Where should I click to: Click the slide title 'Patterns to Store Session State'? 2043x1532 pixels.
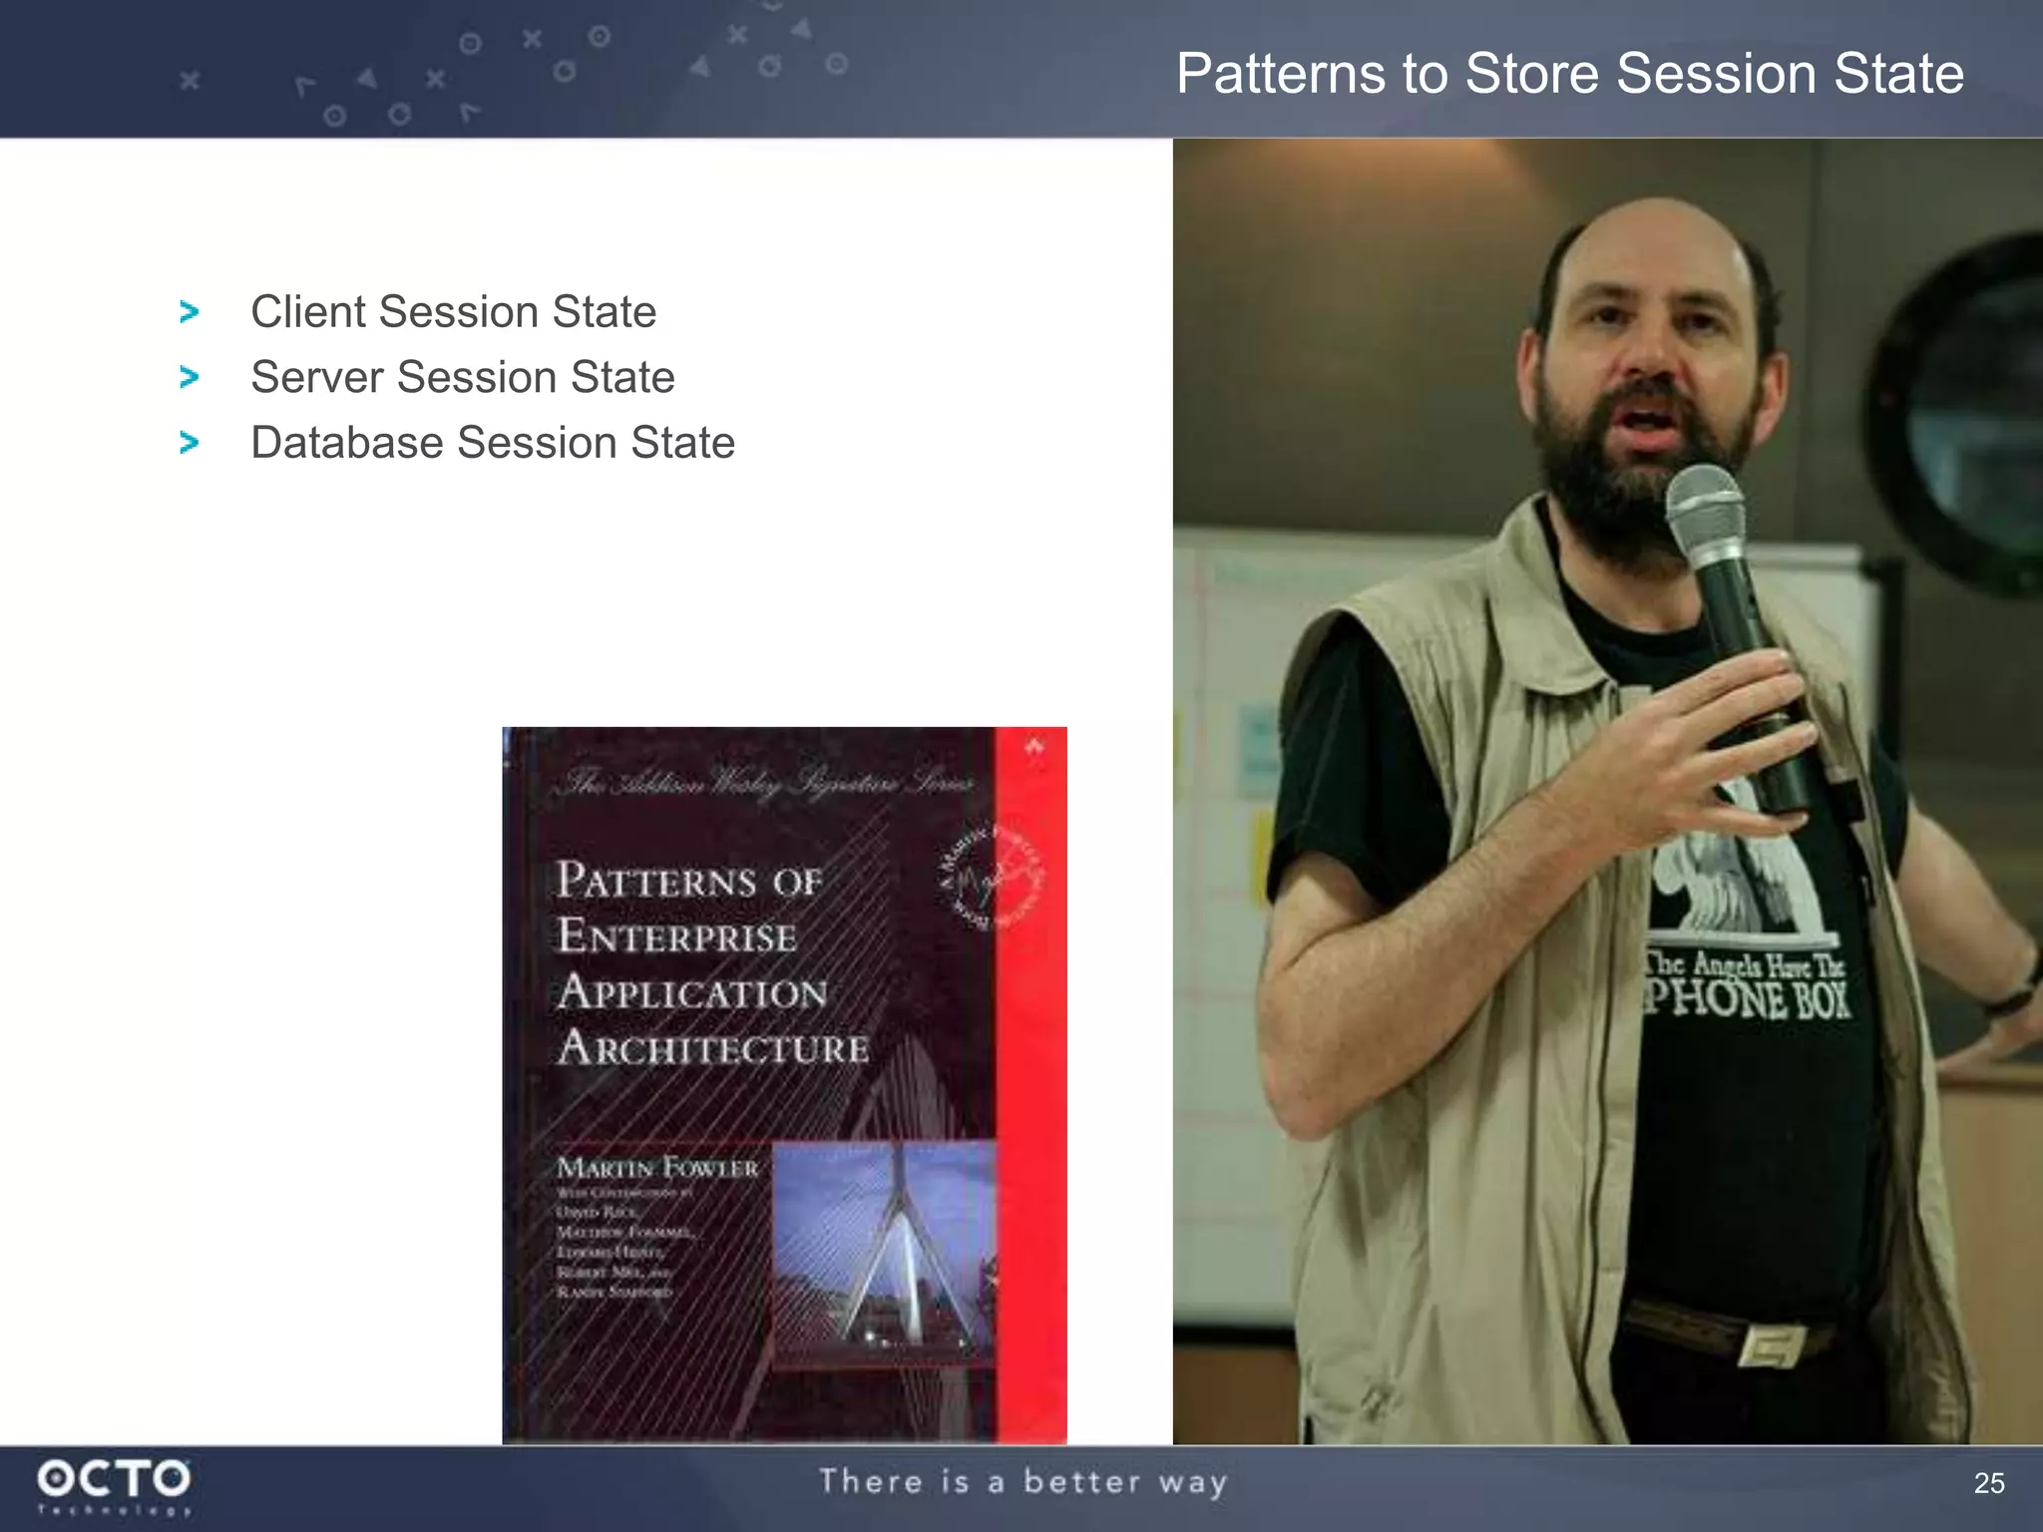pyautogui.click(x=1569, y=74)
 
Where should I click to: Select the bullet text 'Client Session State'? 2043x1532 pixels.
pyautogui.click(x=453, y=312)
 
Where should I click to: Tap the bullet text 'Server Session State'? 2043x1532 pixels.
pyautogui.click(x=462, y=378)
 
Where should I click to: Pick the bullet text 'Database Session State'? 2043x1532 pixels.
pyautogui.click(x=493, y=443)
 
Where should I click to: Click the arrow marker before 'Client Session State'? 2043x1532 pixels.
pyautogui.click(x=189, y=312)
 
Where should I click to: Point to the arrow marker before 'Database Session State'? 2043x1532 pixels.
pyautogui.click(x=189, y=443)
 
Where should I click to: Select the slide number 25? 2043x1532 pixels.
pyautogui.click(x=1988, y=1483)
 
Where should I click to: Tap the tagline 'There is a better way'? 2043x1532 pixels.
pyautogui.click(x=1023, y=1482)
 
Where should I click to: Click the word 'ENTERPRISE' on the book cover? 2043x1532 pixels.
pyautogui.click(x=677, y=937)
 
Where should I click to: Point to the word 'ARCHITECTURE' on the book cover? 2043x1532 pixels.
pyautogui.click(x=713, y=1048)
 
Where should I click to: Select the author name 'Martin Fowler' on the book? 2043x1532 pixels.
pyautogui.click(x=657, y=1168)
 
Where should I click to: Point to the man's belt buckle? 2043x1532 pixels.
pyautogui.click(x=1770, y=1343)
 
